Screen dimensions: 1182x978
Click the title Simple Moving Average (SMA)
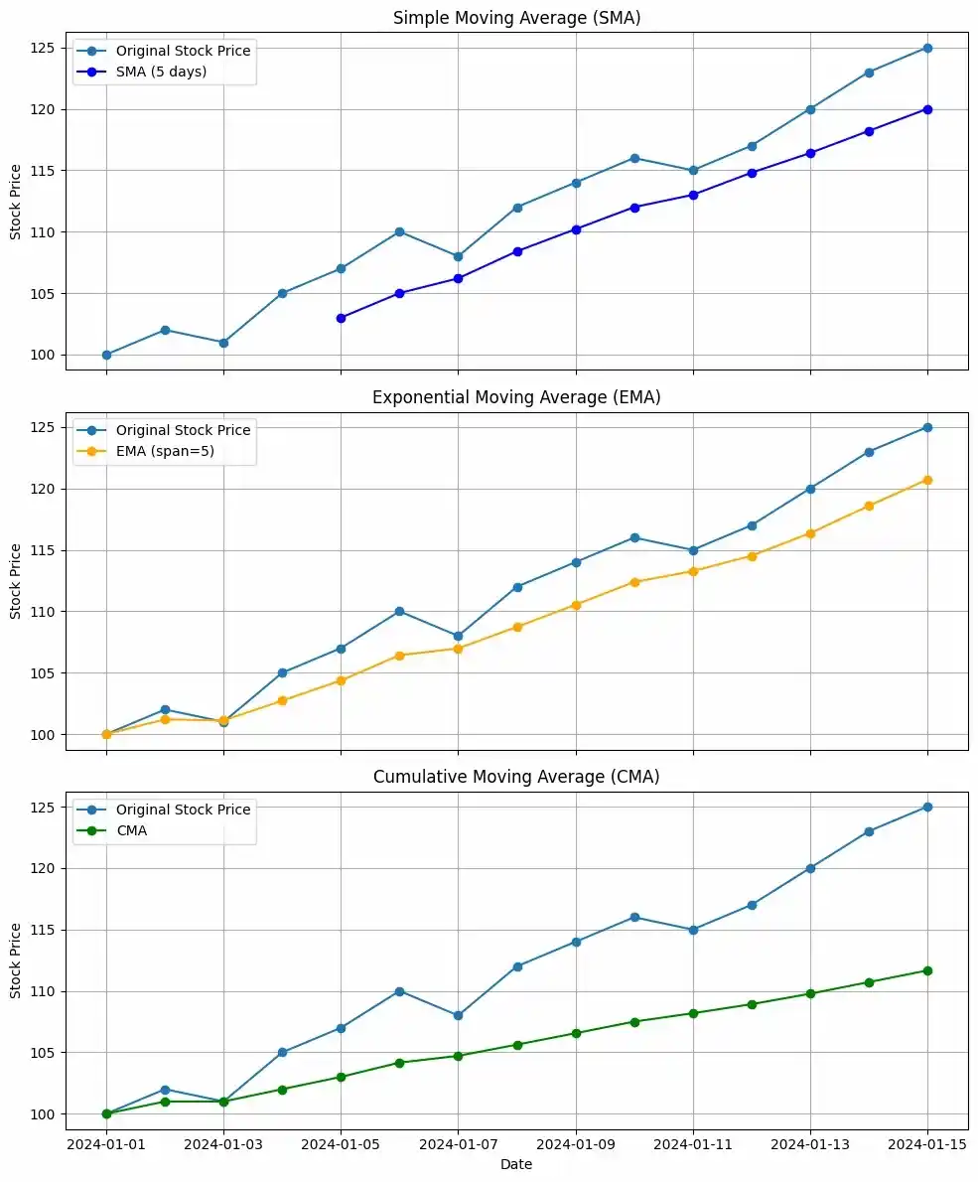517,18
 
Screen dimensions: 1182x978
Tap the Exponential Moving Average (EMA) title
517,397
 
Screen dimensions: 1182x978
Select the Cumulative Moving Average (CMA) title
517,777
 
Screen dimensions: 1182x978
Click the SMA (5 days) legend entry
161,72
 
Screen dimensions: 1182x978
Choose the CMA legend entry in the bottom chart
131,830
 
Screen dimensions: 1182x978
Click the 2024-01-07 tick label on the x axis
458,1143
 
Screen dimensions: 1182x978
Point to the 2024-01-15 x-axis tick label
927,1143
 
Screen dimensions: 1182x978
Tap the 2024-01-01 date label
106,1143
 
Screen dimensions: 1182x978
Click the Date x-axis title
516,1164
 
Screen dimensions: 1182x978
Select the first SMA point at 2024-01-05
341,318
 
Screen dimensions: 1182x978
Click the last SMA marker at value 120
927,109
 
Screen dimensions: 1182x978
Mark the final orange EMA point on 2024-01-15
927,480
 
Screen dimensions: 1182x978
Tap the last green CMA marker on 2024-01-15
927,970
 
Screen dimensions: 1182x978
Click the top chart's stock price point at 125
927,48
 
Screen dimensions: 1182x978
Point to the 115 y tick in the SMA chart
47,171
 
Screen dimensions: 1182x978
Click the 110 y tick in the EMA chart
47,612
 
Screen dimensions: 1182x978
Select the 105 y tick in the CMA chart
47,1053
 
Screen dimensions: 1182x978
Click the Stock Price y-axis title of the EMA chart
15,581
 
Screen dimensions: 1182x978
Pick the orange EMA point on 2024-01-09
576,604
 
